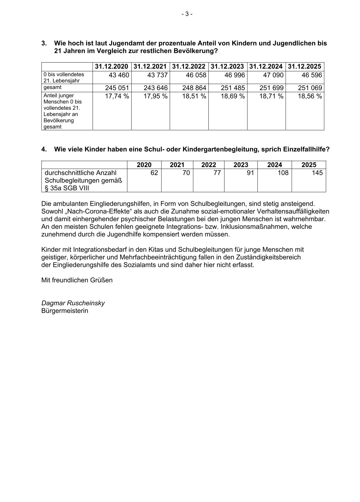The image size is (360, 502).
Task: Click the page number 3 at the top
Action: (x=187, y=14)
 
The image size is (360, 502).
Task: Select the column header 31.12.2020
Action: (x=112, y=66)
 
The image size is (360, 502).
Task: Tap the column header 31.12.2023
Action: (x=227, y=66)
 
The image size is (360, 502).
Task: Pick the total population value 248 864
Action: (x=194, y=88)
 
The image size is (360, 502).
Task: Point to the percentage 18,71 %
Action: (x=271, y=96)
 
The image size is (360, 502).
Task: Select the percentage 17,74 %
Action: (x=117, y=96)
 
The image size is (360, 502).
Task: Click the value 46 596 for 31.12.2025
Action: (x=312, y=75)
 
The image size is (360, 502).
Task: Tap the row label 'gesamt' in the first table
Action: (x=53, y=87)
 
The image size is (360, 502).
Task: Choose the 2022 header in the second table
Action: (x=209, y=165)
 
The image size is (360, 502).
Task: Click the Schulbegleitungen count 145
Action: (x=317, y=173)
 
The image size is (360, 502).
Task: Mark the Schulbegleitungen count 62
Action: (x=154, y=173)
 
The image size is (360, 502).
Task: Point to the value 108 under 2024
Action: (x=283, y=173)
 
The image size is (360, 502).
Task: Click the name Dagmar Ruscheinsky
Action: (x=73, y=303)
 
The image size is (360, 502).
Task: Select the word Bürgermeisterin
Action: (x=65, y=311)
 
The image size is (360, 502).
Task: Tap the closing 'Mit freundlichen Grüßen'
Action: (x=77, y=280)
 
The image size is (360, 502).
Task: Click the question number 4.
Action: (x=44, y=149)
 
